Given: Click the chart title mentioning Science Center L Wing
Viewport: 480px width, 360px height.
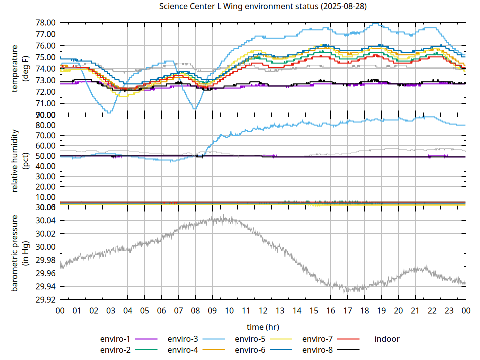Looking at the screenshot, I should (x=262, y=6).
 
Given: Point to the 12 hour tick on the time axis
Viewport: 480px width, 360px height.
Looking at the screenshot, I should (x=263, y=310).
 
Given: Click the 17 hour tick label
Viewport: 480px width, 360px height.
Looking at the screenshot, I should (x=347, y=310).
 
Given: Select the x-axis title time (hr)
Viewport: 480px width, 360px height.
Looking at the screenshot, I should (x=263, y=327).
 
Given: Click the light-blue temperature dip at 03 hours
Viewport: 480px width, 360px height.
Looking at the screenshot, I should (x=110, y=113).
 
